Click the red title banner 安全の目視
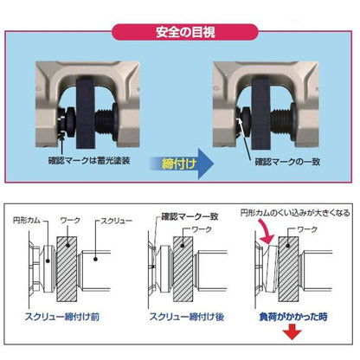tap(179, 35)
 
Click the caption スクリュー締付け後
tap(181, 315)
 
